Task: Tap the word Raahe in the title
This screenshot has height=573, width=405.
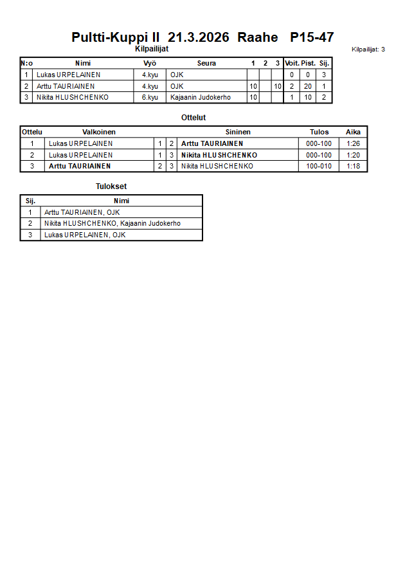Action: (x=258, y=37)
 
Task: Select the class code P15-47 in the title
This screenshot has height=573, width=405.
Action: (x=312, y=37)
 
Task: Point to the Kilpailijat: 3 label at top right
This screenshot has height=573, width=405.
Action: (x=368, y=49)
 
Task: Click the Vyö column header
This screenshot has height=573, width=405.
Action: (x=150, y=63)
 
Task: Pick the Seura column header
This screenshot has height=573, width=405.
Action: (x=206, y=63)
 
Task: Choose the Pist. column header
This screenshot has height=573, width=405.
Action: (x=308, y=63)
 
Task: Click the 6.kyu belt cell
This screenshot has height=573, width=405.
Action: (x=150, y=98)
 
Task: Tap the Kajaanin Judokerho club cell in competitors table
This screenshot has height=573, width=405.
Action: (x=200, y=98)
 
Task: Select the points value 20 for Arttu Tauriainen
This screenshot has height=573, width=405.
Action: (x=308, y=86)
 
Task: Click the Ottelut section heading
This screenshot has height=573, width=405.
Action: (x=194, y=118)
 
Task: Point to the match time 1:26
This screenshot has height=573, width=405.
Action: (x=353, y=143)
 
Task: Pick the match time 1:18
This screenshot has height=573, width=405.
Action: (x=353, y=166)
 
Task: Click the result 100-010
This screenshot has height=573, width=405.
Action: (x=319, y=166)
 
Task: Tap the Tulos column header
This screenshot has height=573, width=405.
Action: (x=319, y=132)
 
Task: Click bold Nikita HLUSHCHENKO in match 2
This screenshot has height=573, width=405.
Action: (x=219, y=155)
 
